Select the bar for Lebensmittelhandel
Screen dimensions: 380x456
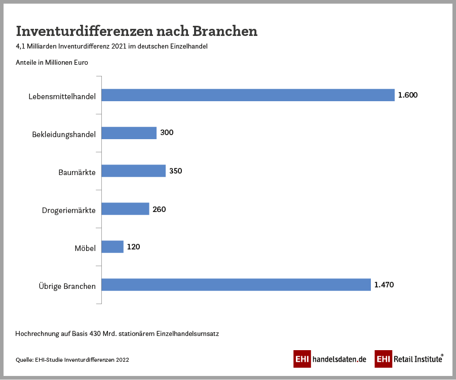(248, 95)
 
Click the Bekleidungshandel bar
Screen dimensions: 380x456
(129, 133)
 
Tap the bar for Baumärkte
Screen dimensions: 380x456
(134, 171)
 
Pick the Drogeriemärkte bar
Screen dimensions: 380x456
(125, 209)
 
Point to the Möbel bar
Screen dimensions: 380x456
(112, 247)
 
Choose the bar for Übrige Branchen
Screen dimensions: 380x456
(236, 285)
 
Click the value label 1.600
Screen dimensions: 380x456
(407, 95)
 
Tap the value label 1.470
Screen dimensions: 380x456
(384, 285)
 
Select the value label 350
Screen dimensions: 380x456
(175, 171)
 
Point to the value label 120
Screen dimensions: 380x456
(133, 247)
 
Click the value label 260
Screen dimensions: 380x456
(159, 209)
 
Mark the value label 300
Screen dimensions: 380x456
(167, 133)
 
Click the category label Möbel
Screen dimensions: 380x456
(85, 248)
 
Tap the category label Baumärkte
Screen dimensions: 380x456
(77, 172)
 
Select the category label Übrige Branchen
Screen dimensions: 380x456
(67, 286)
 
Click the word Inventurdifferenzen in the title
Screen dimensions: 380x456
(84, 31)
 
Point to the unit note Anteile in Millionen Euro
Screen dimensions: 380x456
(52, 63)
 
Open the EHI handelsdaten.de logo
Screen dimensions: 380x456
(330, 359)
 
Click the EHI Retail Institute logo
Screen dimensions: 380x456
(409, 359)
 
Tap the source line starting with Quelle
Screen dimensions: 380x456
(72, 360)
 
